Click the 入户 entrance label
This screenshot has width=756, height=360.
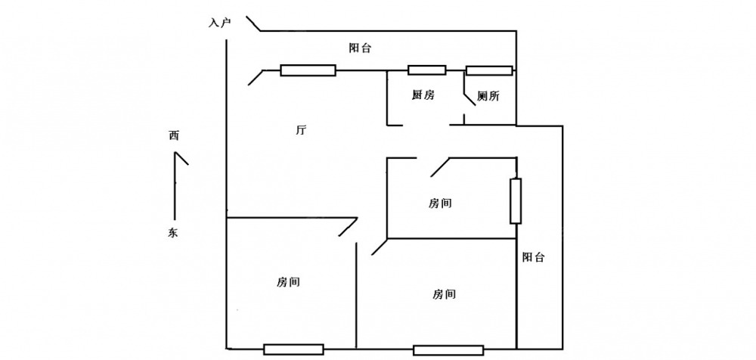coord(219,23)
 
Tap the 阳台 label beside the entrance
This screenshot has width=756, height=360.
coord(360,48)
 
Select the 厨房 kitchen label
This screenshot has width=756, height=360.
coord(423,95)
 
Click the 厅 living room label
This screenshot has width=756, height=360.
coord(300,130)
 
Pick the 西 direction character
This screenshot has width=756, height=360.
coord(174,137)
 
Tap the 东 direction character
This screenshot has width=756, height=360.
coord(174,234)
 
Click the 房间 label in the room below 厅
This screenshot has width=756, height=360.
coord(289,282)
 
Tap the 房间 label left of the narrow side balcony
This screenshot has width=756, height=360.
coord(445,293)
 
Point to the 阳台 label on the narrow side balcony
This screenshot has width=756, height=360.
coord(533,257)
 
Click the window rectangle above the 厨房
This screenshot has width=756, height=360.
coord(427,70)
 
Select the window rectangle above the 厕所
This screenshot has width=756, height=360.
coord(489,71)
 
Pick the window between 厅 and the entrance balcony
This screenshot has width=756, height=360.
coord(308,70)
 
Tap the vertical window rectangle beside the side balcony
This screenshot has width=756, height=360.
coord(516,200)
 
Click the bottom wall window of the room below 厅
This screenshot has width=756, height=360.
coord(293,349)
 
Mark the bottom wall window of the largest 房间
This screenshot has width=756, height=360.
coord(448,350)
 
